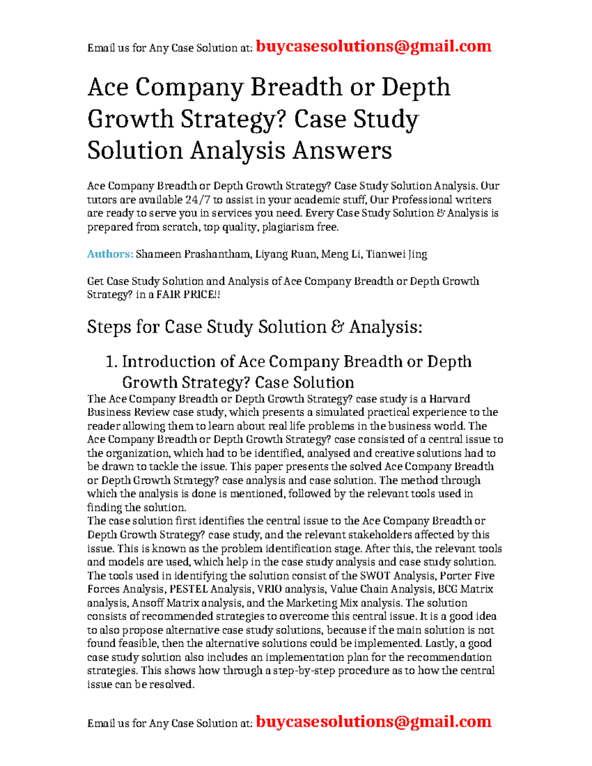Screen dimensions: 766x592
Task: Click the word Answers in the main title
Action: [342, 150]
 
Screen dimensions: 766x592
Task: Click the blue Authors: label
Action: [110, 254]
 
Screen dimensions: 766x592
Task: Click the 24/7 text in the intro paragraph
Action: [197, 200]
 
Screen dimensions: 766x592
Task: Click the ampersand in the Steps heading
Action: [337, 327]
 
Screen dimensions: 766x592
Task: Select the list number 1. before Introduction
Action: [112, 362]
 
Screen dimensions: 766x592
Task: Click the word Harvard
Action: [449, 399]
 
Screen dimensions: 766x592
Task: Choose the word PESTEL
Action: [188, 589]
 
